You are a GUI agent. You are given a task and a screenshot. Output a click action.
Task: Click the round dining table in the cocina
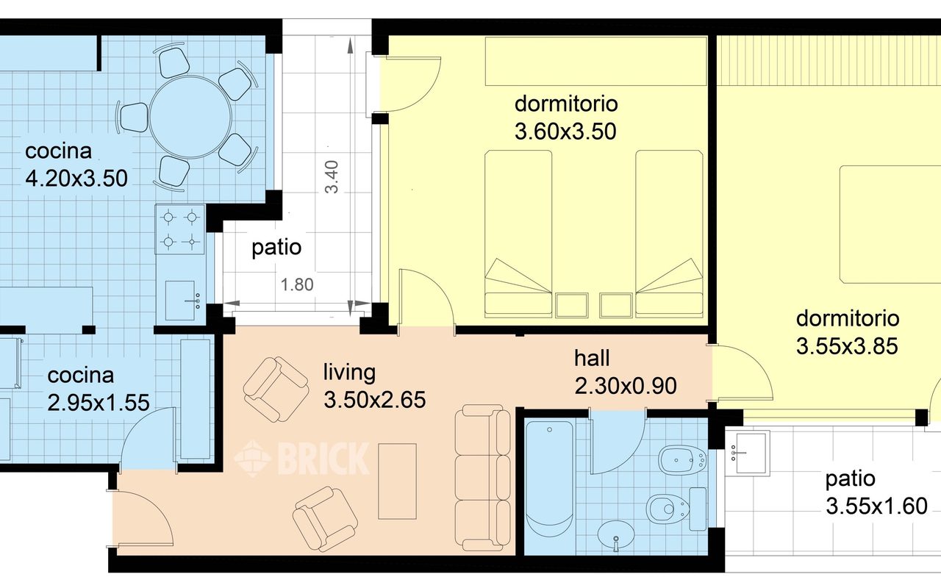pyautogui.click(x=190, y=118)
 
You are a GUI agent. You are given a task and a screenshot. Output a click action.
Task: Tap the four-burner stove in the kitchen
pyautogui.click(x=180, y=229)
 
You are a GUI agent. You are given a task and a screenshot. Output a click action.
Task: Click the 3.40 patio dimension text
pyautogui.click(x=333, y=177)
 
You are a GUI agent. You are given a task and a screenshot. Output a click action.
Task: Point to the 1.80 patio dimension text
pyautogui.click(x=297, y=284)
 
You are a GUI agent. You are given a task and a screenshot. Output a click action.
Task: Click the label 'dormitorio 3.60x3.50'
pyautogui.click(x=565, y=117)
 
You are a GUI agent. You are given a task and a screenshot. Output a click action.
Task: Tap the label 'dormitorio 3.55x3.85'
pyautogui.click(x=847, y=332)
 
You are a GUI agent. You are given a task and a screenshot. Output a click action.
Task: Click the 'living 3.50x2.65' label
pyautogui.click(x=374, y=386)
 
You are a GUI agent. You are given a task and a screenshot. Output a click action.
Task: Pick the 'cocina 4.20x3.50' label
pyautogui.click(x=76, y=165)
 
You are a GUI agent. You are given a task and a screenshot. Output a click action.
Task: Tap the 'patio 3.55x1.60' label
pyautogui.click(x=876, y=492)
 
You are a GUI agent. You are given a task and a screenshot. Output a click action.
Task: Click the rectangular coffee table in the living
pyautogui.click(x=397, y=481)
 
